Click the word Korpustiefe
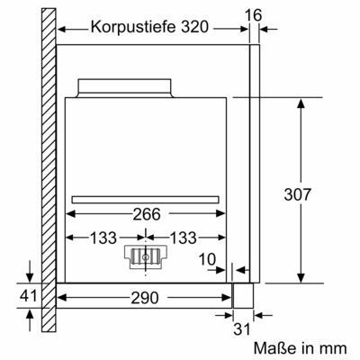pos(133,27)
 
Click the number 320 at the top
pos(194,27)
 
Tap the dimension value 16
pos(254,15)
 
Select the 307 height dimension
pos(298,194)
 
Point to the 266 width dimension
pos(147,214)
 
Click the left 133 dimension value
pos(103,238)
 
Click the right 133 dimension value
pos(183,238)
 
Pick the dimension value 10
pos(207,259)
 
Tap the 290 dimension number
pos(145,298)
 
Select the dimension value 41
pos(29,295)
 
